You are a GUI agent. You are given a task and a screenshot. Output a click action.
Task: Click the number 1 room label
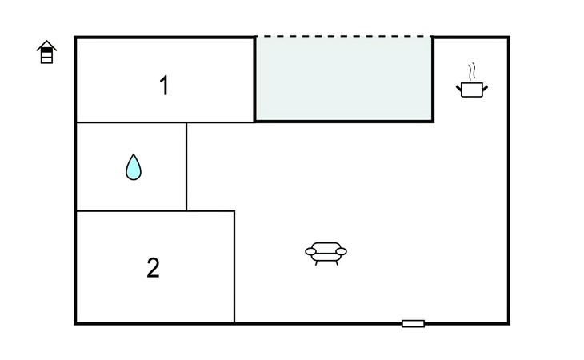click(x=164, y=86)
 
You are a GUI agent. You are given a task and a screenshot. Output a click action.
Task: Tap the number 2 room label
click(x=153, y=268)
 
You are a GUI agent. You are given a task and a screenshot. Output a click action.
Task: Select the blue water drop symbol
click(x=134, y=167)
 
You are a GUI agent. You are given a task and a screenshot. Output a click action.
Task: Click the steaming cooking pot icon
click(x=472, y=81)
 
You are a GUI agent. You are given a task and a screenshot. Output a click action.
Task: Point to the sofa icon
click(x=326, y=253)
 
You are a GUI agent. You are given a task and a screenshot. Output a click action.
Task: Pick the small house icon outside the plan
click(x=46, y=52)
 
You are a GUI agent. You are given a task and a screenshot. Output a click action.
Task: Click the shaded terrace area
click(x=344, y=79)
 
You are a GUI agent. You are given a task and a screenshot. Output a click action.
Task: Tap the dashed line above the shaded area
click(x=344, y=37)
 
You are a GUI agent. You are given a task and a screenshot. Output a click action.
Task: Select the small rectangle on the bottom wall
click(x=413, y=323)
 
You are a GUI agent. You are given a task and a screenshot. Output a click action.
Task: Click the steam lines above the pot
click(x=472, y=71)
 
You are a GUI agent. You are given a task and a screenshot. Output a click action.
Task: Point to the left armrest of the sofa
click(x=310, y=252)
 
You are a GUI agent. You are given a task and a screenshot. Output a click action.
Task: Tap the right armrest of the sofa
click(x=341, y=252)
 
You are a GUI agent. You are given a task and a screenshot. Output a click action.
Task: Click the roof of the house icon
click(x=46, y=46)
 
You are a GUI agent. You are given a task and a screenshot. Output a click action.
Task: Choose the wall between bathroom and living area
click(x=186, y=166)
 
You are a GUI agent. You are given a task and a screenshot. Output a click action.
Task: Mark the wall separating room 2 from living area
click(x=234, y=266)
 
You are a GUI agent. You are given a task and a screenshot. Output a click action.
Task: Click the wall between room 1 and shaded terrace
click(x=254, y=79)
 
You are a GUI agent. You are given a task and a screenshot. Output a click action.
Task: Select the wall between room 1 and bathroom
click(x=131, y=122)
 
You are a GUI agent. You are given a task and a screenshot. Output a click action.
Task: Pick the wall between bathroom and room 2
click(x=131, y=210)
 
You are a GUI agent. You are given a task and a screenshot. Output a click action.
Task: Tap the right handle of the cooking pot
click(x=485, y=88)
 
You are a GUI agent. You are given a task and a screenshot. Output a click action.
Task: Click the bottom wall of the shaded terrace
click(x=344, y=121)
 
